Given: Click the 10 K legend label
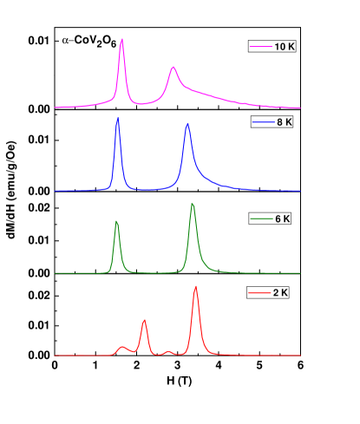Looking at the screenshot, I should pyautogui.click(x=285, y=47).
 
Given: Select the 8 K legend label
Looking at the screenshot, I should pyautogui.click(x=285, y=123).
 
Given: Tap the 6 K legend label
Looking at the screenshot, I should pyautogui.click(x=282, y=219).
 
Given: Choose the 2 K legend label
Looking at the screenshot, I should pyautogui.click(x=280, y=293).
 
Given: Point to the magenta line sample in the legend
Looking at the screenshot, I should pyautogui.click(x=260, y=47).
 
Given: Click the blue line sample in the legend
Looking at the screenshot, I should pyautogui.click(x=264, y=123).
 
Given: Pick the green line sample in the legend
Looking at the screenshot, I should pyautogui.click(x=261, y=219).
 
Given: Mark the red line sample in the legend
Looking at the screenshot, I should pyautogui.click(x=259, y=293).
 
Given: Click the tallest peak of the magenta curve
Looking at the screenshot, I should pyautogui.click(x=121, y=39).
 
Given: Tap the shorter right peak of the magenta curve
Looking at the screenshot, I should pyautogui.click(x=173, y=67).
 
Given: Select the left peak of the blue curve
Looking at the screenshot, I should pyautogui.click(x=117, y=118).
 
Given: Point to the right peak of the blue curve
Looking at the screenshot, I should pyautogui.click(x=187, y=124).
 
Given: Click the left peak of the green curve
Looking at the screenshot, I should pyautogui.click(x=116, y=221).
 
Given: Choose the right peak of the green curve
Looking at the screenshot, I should pyautogui.click(x=193, y=203).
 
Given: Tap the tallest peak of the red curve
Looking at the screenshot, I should pyautogui.click(x=195, y=285).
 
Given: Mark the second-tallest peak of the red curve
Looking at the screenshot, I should pyautogui.click(x=144, y=321).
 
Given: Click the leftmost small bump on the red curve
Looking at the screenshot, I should pyautogui.click(x=122, y=347).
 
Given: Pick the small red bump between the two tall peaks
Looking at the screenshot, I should pyautogui.click(x=168, y=351).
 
